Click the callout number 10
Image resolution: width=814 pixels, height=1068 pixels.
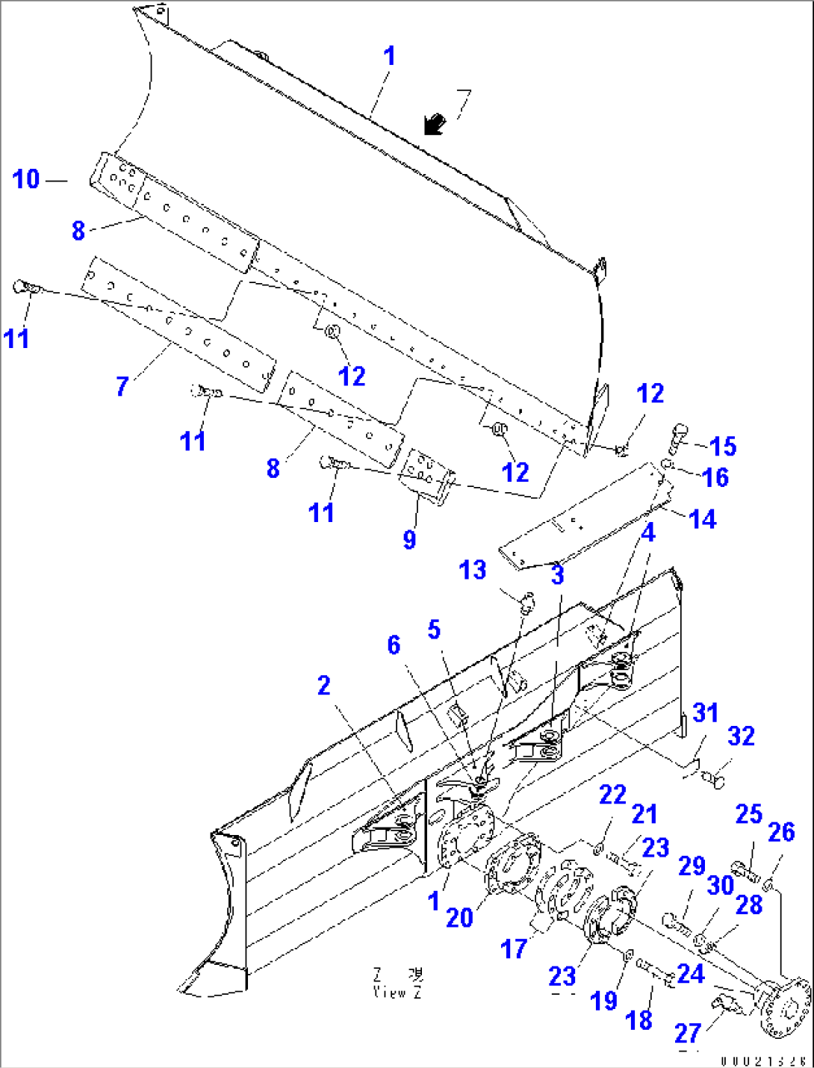(26, 179)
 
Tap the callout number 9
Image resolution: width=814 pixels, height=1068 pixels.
(409, 539)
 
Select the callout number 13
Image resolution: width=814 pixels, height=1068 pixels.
(473, 571)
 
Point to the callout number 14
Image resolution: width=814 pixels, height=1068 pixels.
(703, 519)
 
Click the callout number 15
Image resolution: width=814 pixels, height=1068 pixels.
(723, 447)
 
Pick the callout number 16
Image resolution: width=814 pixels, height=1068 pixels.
(716, 477)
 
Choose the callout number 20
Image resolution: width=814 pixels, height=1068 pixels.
(459, 918)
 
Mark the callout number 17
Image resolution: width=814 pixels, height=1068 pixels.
(514, 949)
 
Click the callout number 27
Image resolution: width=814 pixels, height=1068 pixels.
(688, 1033)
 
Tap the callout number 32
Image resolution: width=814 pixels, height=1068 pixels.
(741, 736)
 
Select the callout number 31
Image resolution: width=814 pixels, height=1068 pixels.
(705, 712)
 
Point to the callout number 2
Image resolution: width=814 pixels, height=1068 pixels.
(323, 686)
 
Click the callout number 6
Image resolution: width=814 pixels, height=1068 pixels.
(394, 645)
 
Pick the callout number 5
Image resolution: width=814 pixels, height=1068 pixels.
(434, 630)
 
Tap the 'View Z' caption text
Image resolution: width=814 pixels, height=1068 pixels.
(398, 984)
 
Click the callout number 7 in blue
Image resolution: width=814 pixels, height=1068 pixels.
(122, 386)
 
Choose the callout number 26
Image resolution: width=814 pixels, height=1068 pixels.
(781, 832)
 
